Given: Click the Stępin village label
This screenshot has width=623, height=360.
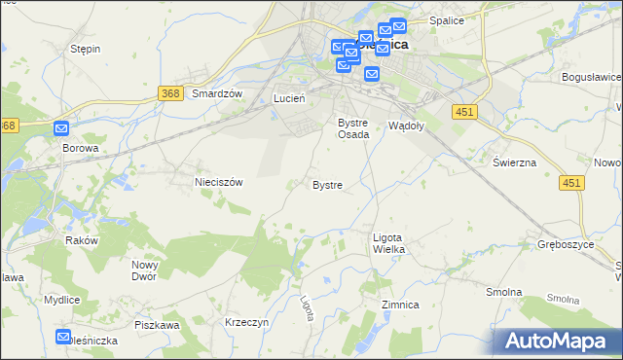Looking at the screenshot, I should pos(86,48).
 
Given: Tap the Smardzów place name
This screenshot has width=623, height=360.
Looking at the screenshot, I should pos(216,93).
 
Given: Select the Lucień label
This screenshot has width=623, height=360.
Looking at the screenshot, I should pos(289,98).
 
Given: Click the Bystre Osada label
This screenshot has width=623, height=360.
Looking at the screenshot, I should pos(352,128).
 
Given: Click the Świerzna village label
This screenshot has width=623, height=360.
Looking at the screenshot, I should pos(514,162).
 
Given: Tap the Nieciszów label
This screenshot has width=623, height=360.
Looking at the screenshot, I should pos(218,181).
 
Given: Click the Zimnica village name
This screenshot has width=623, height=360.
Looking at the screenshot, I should pos(400,305).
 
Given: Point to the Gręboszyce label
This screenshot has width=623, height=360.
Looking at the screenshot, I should pos(566,244).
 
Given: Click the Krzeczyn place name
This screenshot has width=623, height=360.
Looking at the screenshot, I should pos(245,322).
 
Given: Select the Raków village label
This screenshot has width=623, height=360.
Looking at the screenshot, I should pos(82,240).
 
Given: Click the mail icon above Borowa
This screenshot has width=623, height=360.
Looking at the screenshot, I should pos(61,127).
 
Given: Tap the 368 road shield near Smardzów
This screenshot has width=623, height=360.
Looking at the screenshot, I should pos(170,92).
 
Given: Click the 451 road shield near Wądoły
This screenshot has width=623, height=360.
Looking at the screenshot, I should pos(463,113).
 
